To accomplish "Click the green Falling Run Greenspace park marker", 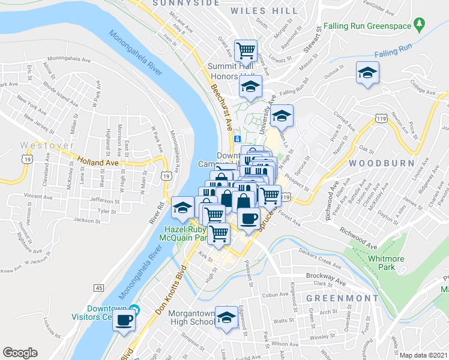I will pyautogui.click(x=420, y=26).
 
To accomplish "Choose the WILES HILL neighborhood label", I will pyautogui.click(x=273, y=11).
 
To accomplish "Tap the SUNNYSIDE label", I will pyautogui.click(x=178, y=3).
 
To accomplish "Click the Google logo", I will pyautogui.click(x=20, y=353).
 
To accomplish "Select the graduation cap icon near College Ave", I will pyautogui.click(x=366, y=73).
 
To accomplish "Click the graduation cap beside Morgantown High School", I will pyautogui.click(x=227, y=317).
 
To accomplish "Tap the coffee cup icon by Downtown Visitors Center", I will pyautogui.click(x=125, y=319).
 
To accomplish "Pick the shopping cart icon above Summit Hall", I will pyautogui.click(x=246, y=50).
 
